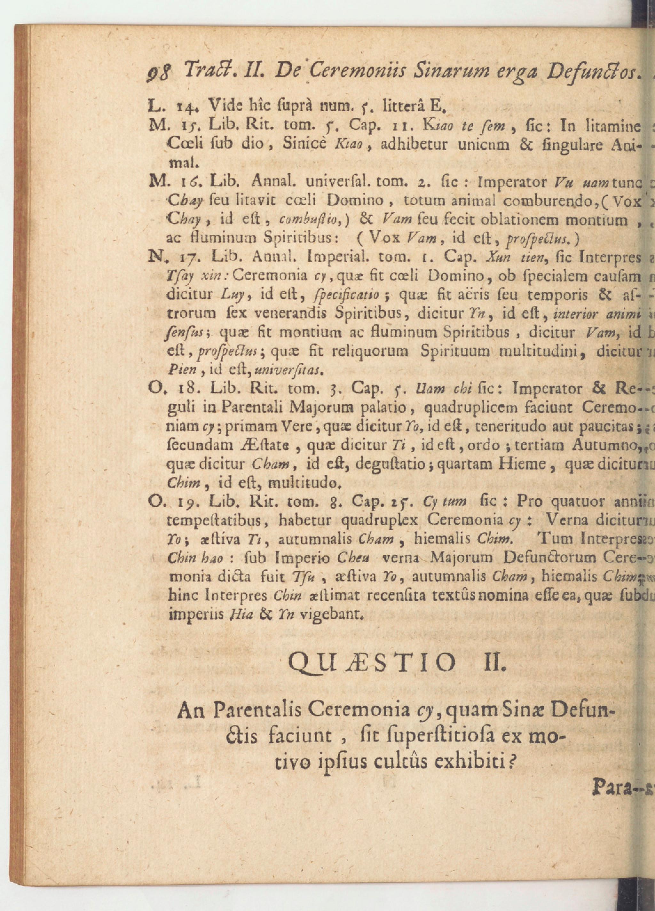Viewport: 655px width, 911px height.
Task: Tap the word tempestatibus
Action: (x=212, y=520)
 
